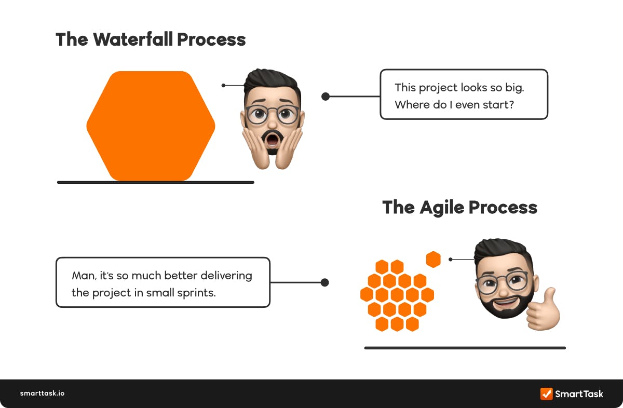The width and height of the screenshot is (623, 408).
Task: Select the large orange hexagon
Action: (x=151, y=126)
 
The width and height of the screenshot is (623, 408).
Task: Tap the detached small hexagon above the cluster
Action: (x=433, y=259)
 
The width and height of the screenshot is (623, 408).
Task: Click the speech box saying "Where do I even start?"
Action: (x=464, y=94)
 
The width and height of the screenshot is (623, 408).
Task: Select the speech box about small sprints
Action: (x=162, y=282)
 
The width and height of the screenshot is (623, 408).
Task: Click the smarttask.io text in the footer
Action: (x=42, y=393)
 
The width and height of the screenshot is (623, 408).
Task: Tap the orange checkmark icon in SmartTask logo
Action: (x=546, y=393)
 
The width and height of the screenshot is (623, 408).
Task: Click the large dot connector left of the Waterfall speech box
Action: (x=326, y=96)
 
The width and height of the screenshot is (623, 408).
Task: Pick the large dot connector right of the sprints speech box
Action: (x=324, y=282)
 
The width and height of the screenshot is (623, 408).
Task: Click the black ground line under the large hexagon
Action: (x=155, y=182)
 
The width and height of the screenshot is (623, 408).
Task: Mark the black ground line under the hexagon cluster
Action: (x=465, y=348)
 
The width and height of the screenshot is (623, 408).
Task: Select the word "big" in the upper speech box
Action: (x=514, y=87)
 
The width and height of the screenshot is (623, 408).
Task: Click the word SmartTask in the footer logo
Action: (x=579, y=393)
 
